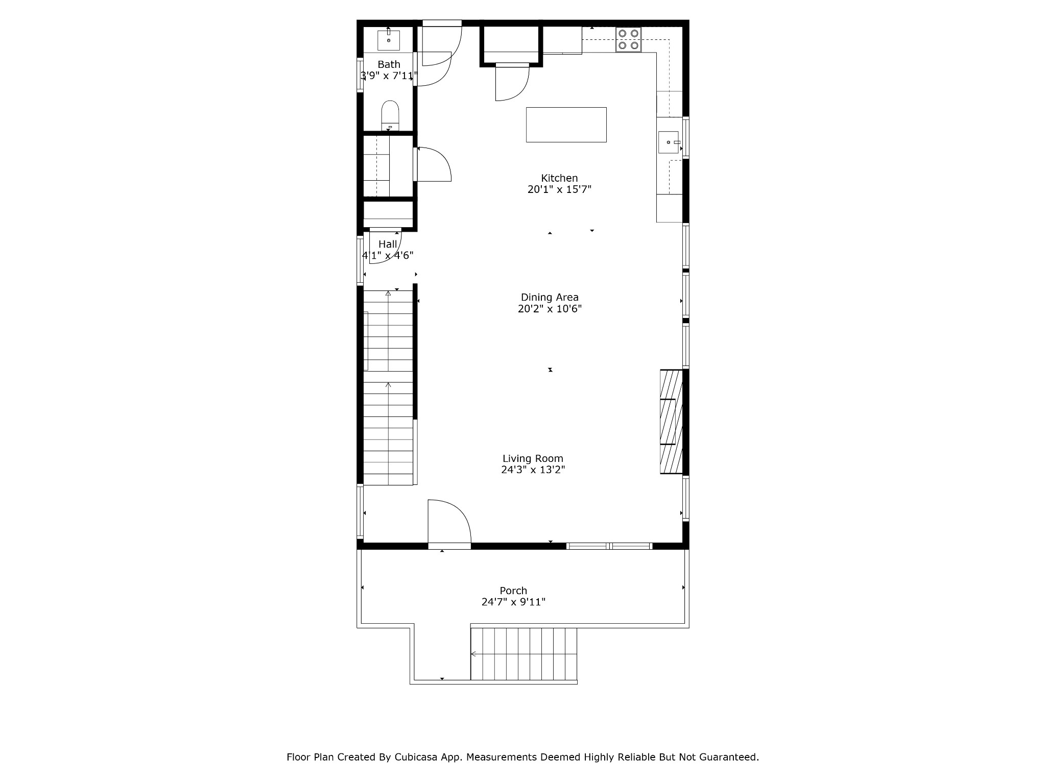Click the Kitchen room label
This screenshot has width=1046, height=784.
[559, 178]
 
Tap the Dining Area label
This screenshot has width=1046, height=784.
[550, 297]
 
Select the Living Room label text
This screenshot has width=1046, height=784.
[533, 458]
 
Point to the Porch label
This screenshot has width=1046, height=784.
[513, 591]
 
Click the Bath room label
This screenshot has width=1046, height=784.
[389, 64]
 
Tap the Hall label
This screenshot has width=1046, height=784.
[388, 244]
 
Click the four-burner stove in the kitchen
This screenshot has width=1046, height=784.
[628, 39]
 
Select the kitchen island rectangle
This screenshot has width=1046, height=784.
[566, 125]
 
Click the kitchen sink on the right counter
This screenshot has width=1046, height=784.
[669, 142]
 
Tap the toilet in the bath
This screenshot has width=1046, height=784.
[390, 115]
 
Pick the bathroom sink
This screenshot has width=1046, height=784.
[389, 40]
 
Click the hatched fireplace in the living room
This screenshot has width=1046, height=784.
[671, 422]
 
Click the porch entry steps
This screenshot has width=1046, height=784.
[524, 654]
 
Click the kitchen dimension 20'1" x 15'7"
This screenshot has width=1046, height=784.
[559, 189]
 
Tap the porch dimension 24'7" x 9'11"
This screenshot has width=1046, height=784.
[513, 602]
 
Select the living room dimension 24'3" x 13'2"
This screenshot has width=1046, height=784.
[533, 470]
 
